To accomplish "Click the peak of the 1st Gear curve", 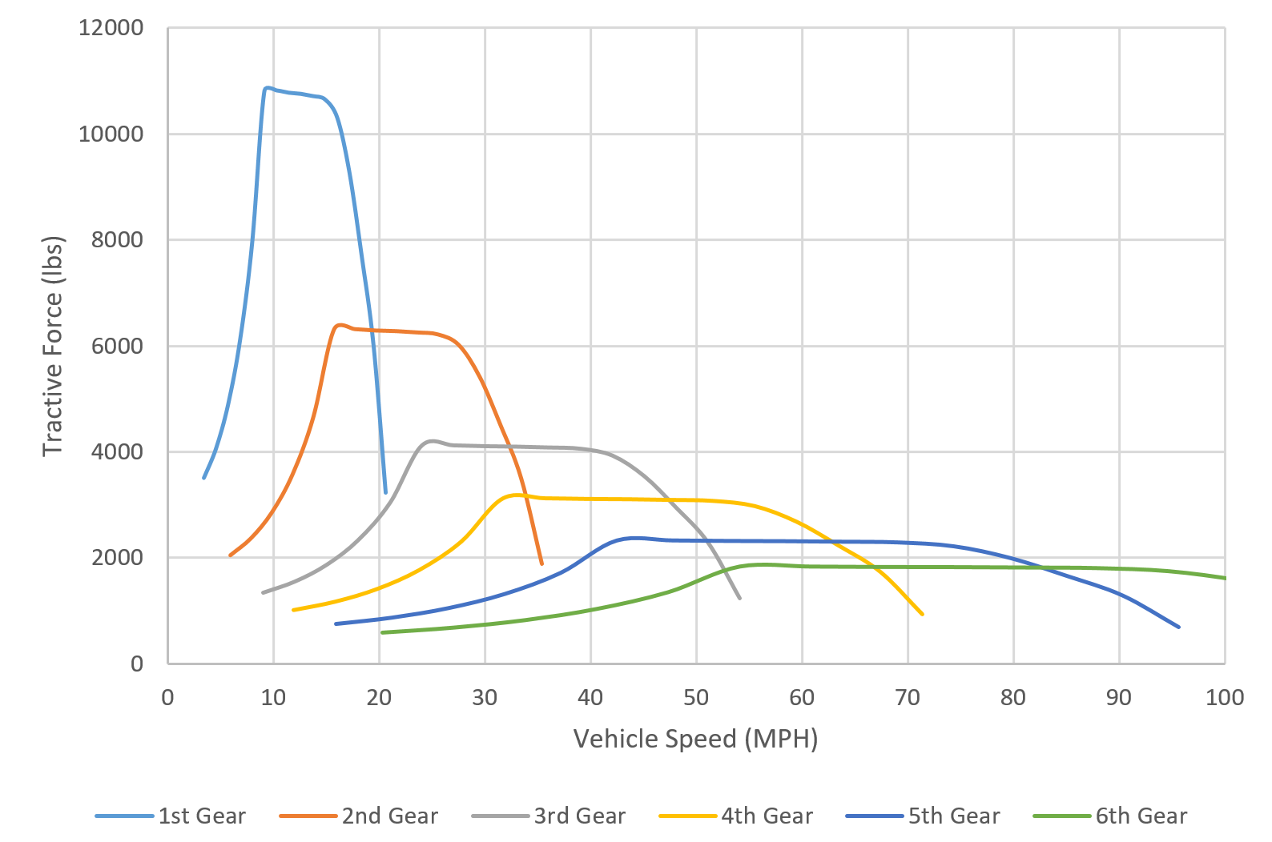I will (267, 88).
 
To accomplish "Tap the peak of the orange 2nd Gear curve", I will (340, 325).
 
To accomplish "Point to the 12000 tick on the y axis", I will (111, 28).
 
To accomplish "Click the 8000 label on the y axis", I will (117, 240).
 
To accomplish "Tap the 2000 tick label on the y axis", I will (117, 558).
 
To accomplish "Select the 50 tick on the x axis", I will (696, 697).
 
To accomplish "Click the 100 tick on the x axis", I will (1224, 697).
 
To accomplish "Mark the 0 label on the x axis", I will (167, 697).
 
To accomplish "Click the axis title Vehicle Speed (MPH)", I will (695, 738).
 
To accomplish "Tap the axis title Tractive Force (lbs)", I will (52, 346).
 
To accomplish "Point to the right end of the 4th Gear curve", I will (923, 614).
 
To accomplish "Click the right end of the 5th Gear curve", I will (1178, 627).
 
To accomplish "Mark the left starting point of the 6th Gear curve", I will (382, 632).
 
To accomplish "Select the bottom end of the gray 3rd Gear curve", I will (739, 598).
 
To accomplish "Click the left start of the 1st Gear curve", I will (204, 478).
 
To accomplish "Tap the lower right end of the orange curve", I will (542, 563).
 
